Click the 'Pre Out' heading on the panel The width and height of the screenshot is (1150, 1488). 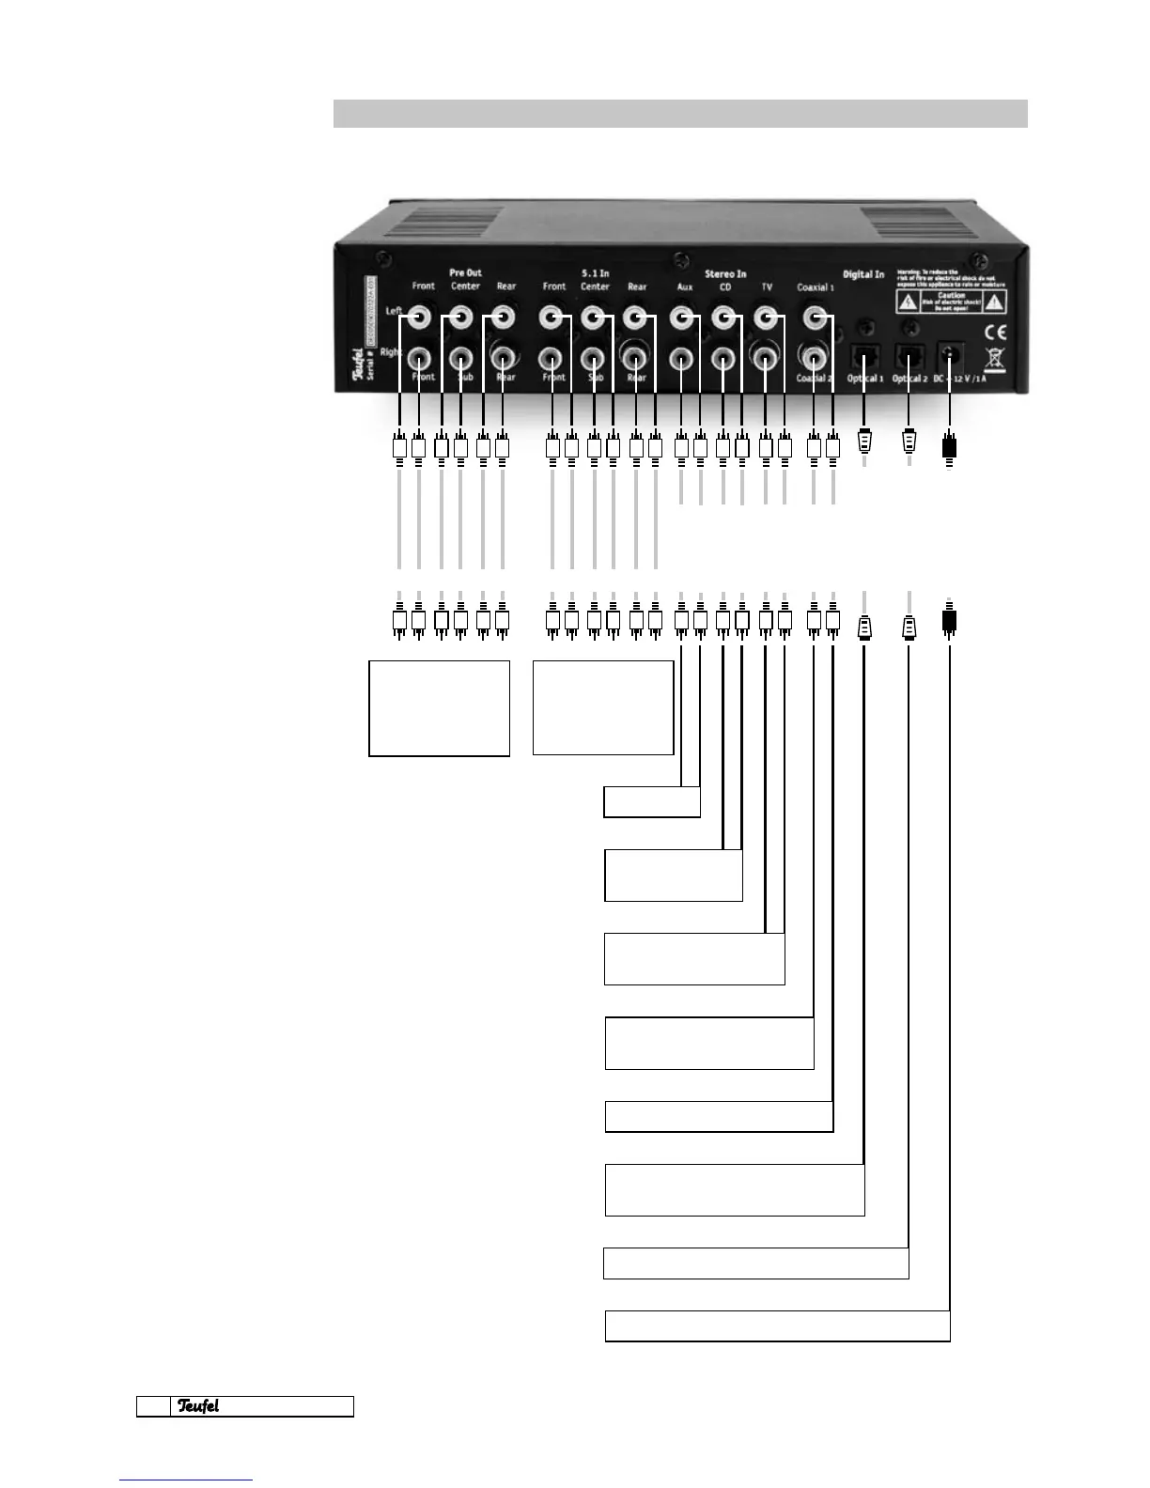coord(465,272)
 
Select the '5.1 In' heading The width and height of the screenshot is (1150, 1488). coord(595,273)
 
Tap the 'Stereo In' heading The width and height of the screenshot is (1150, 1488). coord(725,274)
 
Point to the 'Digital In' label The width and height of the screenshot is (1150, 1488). coord(862,274)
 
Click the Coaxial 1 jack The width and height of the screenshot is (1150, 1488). coord(815,319)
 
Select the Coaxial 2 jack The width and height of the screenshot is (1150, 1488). coord(815,358)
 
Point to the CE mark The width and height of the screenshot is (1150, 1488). coord(995,332)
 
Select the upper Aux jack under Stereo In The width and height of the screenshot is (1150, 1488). coord(682,319)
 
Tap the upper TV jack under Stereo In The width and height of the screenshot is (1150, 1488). coord(766,319)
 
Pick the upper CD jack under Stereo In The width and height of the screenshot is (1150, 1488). coord(723,319)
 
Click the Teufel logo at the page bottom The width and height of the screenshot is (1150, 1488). coord(198,1406)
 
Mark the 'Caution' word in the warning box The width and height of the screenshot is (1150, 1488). coord(951,295)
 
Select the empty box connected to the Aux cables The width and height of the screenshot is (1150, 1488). coord(651,802)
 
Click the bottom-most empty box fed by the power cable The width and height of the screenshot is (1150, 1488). coord(777,1325)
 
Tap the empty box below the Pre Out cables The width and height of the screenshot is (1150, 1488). coord(439,707)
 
